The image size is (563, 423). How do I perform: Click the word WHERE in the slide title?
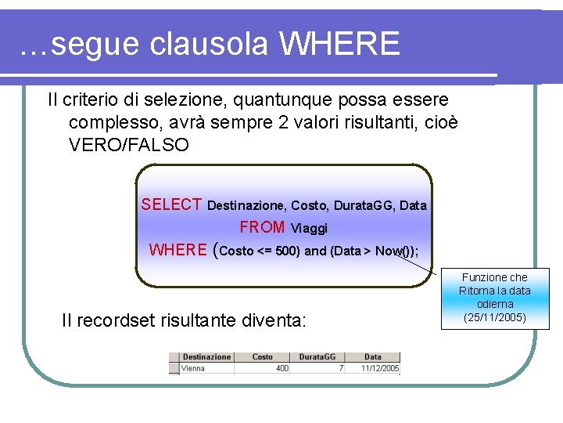coord(339,44)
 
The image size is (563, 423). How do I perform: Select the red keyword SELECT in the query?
coord(172,204)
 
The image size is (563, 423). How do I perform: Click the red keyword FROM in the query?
coord(262,227)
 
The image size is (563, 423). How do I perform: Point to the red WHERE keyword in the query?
coord(178,250)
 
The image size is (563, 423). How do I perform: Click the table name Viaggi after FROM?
coord(309,229)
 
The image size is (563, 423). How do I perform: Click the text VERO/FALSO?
coord(129,145)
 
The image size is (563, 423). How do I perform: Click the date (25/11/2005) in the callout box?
coord(495,317)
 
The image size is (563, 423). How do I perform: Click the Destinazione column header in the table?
coord(206,357)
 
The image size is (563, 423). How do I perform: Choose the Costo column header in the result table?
coord(263,357)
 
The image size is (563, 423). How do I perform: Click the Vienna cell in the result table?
coord(193,367)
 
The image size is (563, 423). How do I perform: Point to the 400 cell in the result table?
coord(281,367)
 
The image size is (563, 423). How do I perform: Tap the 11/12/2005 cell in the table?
coord(380,367)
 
